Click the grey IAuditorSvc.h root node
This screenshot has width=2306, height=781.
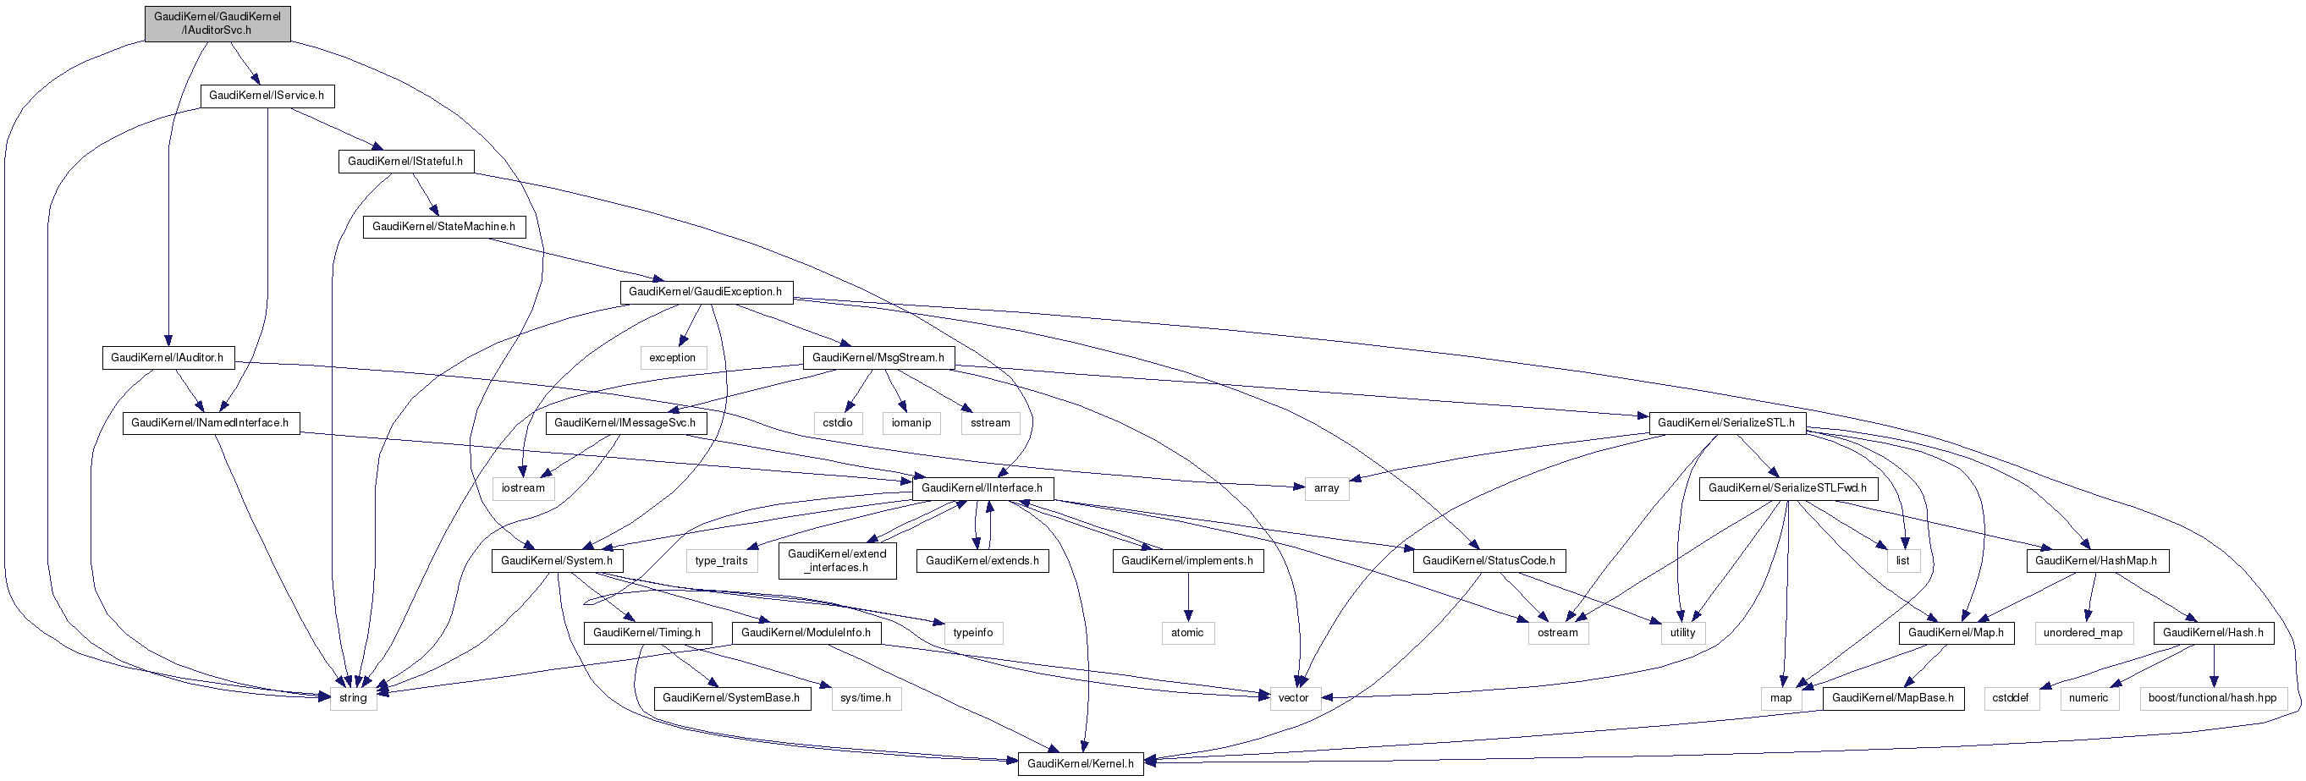click(x=217, y=23)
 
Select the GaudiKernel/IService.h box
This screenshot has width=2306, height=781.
click(x=267, y=96)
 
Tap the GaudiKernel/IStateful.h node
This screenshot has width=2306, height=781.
click(x=405, y=161)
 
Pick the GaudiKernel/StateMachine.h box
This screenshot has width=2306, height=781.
click(x=444, y=226)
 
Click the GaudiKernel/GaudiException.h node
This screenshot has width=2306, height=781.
click(x=706, y=292)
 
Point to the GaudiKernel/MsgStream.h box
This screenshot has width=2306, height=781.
click(x=878, y=357)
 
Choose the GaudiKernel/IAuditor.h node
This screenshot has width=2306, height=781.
click(x=168, y=357)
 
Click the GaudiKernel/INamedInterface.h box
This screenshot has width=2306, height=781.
click(x=211, y=422)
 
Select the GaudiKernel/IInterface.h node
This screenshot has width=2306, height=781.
click(x=982, y=487)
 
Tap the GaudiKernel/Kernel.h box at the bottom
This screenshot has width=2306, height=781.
click(x=1081, y=763)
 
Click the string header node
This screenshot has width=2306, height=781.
click(x=354, y=698)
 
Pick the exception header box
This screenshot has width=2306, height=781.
click(x=672, y=357)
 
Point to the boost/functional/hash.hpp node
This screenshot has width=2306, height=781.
click(x=2213, y=698)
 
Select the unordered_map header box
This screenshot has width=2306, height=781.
click(x=2083, y=632)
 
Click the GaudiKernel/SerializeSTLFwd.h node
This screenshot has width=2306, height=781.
click(x=1788, y=487)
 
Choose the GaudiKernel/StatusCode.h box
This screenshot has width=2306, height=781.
click(x=1489, y=560)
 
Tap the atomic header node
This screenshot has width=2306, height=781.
click(x=1188, y=632)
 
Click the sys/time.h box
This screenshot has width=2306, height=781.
click(x=866, y=698)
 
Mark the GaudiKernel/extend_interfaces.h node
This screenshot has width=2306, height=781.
click(x=837, y=560)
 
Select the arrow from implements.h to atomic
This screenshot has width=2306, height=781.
click(x=1188, y=595)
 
